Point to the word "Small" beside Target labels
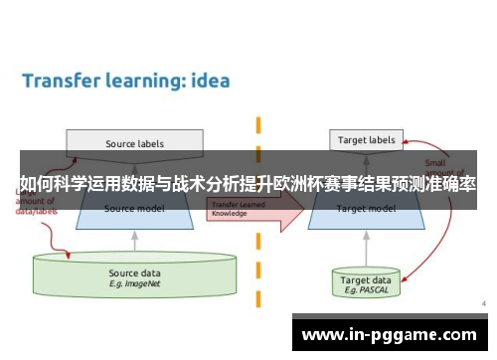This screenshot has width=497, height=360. [435, 162]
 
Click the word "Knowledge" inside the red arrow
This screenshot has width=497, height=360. [230, 212]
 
